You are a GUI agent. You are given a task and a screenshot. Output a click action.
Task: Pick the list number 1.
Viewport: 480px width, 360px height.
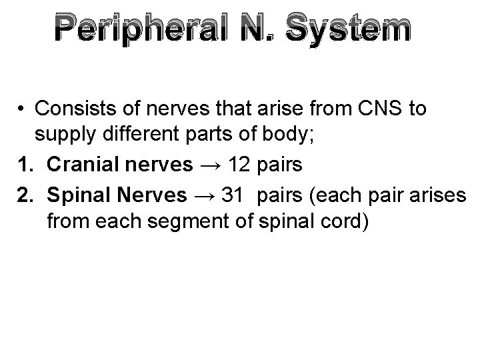[x=25, y=164]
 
